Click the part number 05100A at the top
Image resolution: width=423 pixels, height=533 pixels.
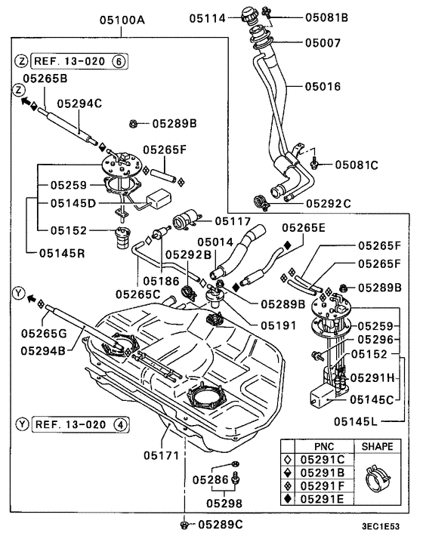point(122,21)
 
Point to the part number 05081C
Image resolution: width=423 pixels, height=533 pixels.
point(356,163)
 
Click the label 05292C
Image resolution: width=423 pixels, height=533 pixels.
point(329,203)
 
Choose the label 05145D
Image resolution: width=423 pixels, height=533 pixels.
point(73,203)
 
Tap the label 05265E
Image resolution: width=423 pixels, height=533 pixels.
point(304,226)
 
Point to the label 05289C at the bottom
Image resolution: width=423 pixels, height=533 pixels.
point(219,524)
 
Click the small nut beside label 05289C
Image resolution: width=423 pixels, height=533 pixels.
point(184,523)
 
